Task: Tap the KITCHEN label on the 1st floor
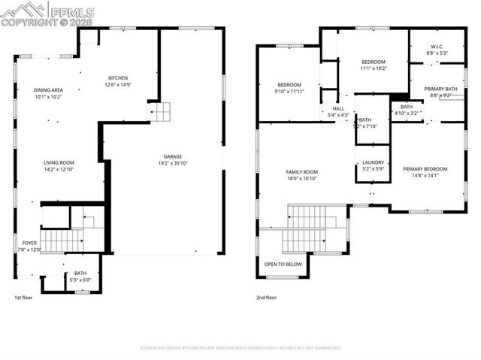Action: point(118,78)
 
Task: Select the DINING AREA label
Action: point(47,90)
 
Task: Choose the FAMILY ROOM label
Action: point(301,172)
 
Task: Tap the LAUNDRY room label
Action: point(373,162)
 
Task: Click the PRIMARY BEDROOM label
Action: point(425,169)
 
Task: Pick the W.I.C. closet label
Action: point(437,47)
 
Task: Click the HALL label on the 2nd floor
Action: point(338,108)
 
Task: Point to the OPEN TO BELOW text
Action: point(283,265)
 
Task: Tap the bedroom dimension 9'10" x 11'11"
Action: point(289,91)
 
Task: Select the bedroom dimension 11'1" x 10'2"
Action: point(373,68)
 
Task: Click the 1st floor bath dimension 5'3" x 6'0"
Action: point(80,280)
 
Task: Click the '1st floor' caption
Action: point(24,298)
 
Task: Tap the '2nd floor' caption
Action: point(266,298)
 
